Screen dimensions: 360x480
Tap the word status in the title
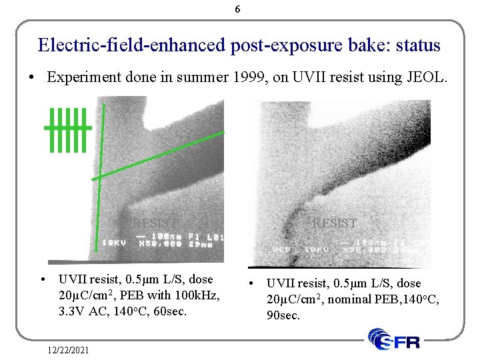pyautogui.click(x=418, y=45)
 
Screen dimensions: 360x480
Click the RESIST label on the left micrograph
pyautogui.click(x=155, y=223)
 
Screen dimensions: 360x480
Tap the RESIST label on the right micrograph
pyautogui.click(x=335, y=223)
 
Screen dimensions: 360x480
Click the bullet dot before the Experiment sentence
pyautogui.click(x=33, y=77)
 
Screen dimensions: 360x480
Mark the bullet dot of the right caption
pyautogui.click(x=252, y=283)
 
